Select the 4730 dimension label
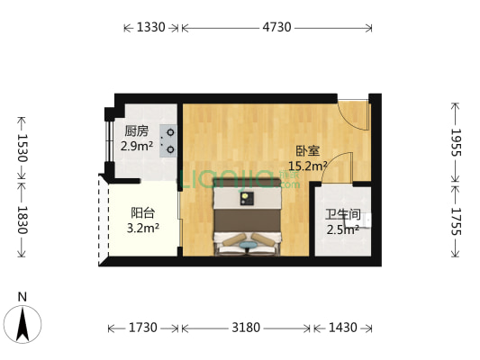(x=276, y=28)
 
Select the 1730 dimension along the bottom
(x=143, y=327)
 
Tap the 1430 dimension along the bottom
(x=342, y=327)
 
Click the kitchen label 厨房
(x=136, y=130)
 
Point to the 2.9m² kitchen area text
(x=138, y=145)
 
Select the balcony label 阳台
(x=141, y=213)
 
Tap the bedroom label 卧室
(x=307, y=151)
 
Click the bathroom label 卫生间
(x=342, y=214)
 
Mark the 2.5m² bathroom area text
(x=342, y=229)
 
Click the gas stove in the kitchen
(x=168, y=140)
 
